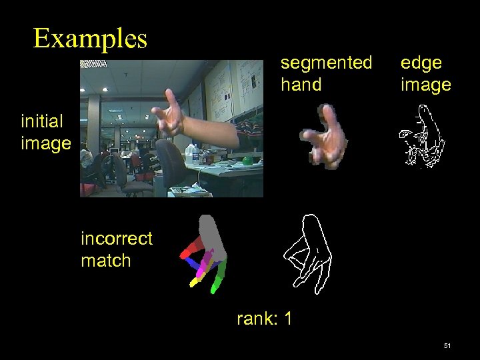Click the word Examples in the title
click(90, 39)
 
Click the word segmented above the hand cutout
click(326, 63)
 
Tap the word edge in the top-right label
click(421, 63)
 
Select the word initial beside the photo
click(42, 121)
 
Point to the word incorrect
click(116, 239)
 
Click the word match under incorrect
click(105, 261)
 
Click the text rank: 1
click(264, 319)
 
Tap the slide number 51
click(447, 346)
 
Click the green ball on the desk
click(248, 161)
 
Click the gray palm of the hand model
click(212, 235)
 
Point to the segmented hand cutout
click(325, 137)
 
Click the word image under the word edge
click(425, 85)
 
